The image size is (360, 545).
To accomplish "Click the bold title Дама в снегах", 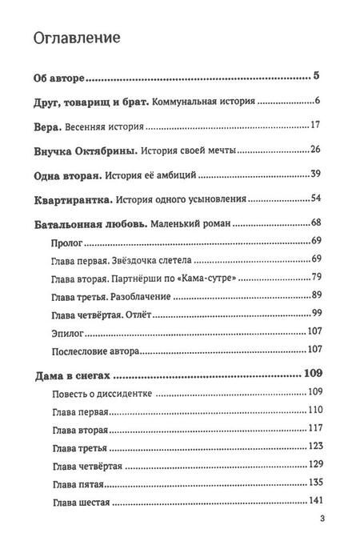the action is (74, 373).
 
